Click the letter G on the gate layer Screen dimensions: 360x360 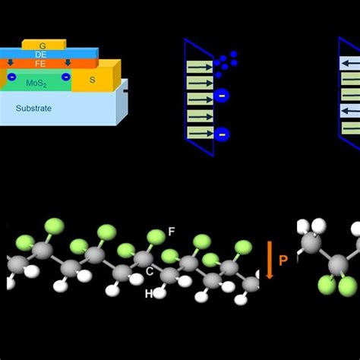tap(43, 46)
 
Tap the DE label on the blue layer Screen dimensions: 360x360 tap(42, 54)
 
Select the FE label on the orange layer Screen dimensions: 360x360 tap(42, 64)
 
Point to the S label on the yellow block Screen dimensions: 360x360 tap(93, 78)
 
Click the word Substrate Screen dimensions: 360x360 tap(34, 109)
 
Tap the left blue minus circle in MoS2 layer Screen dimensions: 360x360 tap(11, 77)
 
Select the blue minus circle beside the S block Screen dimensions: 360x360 tap(66, 77)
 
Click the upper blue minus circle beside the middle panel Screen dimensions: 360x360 tap(221, 96)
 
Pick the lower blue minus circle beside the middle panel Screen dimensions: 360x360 tap(222, 134)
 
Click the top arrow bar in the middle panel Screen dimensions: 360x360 tap(201, 66)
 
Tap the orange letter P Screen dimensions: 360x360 tap(283, 261)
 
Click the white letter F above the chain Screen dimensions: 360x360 tap(171, 232)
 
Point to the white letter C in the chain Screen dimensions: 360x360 tap(150, 271)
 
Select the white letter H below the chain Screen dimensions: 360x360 tap(149, 293)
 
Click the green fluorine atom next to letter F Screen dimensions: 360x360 tap(156, 238)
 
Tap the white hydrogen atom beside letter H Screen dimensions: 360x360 tap(160, 291)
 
